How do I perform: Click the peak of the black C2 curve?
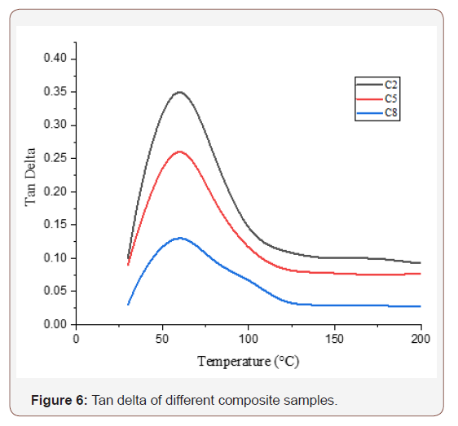click(x=179, y=92)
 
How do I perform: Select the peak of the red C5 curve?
click(x=179, y=152)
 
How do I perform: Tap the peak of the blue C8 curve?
click(x=179, y=238)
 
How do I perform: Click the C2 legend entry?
click(x=390, y=84)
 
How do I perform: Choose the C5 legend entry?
click(x=390, y=98)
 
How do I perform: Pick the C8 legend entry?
click(x=390, y=112)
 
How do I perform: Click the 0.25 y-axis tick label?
click(x=60, y=158)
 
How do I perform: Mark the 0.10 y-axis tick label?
click(x=60, y=258)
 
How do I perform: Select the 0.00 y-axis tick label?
click(x=60, y=324)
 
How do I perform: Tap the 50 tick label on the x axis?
click(x=162, y=338)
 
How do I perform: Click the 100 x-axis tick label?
click(x=249, y=338)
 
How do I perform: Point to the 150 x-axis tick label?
click(x=334, y=338)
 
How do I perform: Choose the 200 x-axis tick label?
click(x=421, y=338)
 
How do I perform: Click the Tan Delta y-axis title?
click(x=31, y=177)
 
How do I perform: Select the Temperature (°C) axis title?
click(x=248, y=361)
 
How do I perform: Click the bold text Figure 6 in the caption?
click(x=59, y=400)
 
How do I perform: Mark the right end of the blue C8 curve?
click(x=421, y=306)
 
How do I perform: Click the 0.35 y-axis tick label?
click(x=60, y=92)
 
